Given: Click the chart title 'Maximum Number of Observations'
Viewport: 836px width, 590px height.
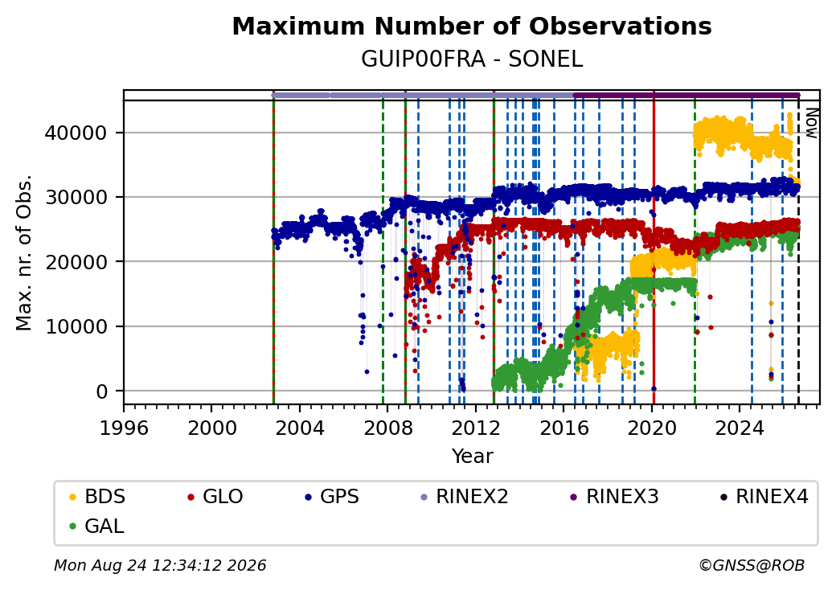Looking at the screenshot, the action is click(472, 26).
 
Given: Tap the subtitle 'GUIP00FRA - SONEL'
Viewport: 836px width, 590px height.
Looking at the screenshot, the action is click(472, 59).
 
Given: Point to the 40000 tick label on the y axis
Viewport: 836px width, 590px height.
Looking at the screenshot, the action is click(76, 133).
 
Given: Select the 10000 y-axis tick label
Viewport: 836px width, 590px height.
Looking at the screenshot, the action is click(76, 326).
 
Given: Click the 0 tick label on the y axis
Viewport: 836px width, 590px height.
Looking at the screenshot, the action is click(102, 391).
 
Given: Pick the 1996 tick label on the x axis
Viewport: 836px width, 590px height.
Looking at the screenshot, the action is click(124, 428).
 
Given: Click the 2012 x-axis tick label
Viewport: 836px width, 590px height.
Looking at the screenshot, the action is click(476, 428).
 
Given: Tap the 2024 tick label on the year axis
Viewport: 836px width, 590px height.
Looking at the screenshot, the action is click(740, 428).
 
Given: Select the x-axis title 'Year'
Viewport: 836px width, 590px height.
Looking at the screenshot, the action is click(473, 457).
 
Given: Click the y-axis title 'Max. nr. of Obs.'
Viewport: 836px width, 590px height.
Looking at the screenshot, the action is click(24, 252).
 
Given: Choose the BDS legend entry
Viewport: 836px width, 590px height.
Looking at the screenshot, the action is click(97, 497).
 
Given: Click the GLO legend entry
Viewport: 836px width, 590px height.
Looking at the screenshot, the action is click(215, 497).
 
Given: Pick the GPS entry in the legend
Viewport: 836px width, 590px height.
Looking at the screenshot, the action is click(332, 497).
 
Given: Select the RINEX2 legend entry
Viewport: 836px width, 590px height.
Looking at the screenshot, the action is click(464, 497).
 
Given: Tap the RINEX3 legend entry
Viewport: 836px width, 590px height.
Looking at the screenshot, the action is click(613, 497).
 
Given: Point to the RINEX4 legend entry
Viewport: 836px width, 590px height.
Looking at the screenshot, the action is click(764, 497).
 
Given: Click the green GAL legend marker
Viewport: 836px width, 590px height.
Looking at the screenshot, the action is click(73, 526).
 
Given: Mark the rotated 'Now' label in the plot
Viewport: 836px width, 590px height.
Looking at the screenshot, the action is click(811, 123).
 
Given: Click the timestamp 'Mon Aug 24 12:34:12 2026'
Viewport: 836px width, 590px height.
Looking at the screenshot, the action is click(160, 565).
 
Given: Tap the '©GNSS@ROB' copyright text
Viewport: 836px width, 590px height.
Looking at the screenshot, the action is click(752, 565).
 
